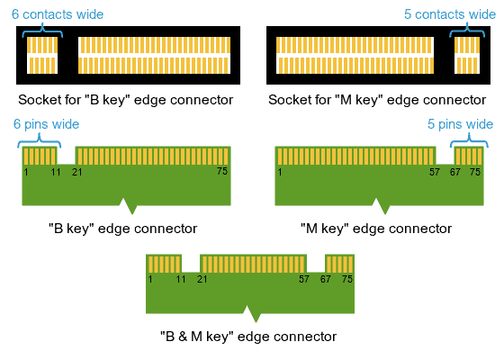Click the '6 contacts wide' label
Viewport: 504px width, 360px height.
click(57, 14)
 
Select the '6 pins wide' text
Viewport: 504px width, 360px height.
click(46, 124)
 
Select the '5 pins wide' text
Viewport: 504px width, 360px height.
click(460, 124)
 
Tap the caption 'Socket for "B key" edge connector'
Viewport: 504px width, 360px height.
click(126, 100)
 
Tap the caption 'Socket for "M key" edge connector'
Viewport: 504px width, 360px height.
click(377, 100)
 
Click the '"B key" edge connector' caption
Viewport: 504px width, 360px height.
click(122, 229)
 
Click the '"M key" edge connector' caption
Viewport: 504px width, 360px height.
click(376, 229)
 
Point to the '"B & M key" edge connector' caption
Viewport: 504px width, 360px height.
click(248, 337)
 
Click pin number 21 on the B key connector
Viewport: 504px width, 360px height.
click(77, 171)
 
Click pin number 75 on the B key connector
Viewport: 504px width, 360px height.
click(222, 170)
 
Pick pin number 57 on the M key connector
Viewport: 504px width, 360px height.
click(435, 171)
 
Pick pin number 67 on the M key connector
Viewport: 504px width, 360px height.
click(456, 171)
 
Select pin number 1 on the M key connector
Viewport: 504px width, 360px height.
click(281, 171)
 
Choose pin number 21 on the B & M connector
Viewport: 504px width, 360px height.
click(202, 280)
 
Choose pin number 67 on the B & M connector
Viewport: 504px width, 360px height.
click(326, 280)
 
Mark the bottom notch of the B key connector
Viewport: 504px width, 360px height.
click(131, 208)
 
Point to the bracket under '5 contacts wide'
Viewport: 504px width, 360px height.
click(467, 30)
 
